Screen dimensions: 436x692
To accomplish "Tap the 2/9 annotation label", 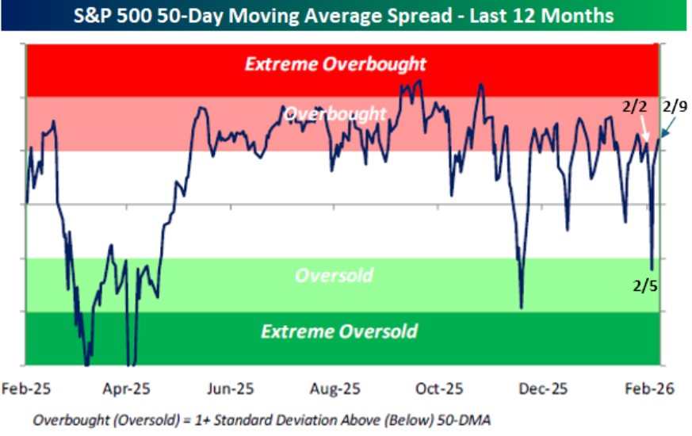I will (x=675, y=105).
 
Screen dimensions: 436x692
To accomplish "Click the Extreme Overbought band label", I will (x=335, y=64).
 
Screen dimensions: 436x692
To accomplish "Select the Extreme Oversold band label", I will (x=338, y=331).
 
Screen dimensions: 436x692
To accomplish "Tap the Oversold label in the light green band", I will (x=334, y=276).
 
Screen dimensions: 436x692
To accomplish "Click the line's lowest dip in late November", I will (x=522, y=307).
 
